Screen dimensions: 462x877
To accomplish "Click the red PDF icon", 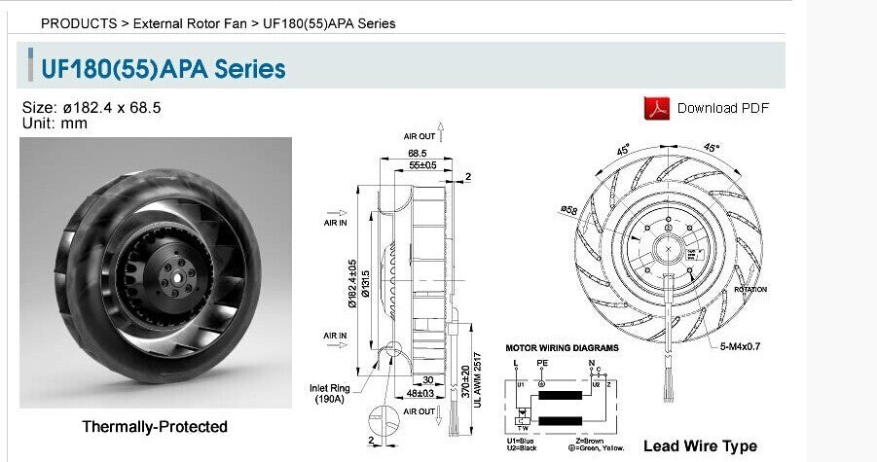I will point(657,108).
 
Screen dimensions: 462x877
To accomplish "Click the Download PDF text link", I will point(722,108).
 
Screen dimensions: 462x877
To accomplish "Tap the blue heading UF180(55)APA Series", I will point(163,69).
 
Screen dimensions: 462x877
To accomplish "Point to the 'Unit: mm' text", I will point(55,124).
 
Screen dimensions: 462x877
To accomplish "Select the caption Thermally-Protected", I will point(155,427).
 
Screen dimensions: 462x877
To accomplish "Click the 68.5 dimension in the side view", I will point(418,153).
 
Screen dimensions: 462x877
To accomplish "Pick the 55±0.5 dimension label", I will point(421,165).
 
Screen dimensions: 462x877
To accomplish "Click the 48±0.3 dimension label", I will point(421,394).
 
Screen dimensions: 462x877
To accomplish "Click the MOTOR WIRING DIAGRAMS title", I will point(562,347).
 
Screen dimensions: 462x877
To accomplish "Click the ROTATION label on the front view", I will point(750,290).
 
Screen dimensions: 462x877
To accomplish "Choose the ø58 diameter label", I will point(569,209).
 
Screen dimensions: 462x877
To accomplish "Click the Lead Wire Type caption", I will point(700,445).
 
